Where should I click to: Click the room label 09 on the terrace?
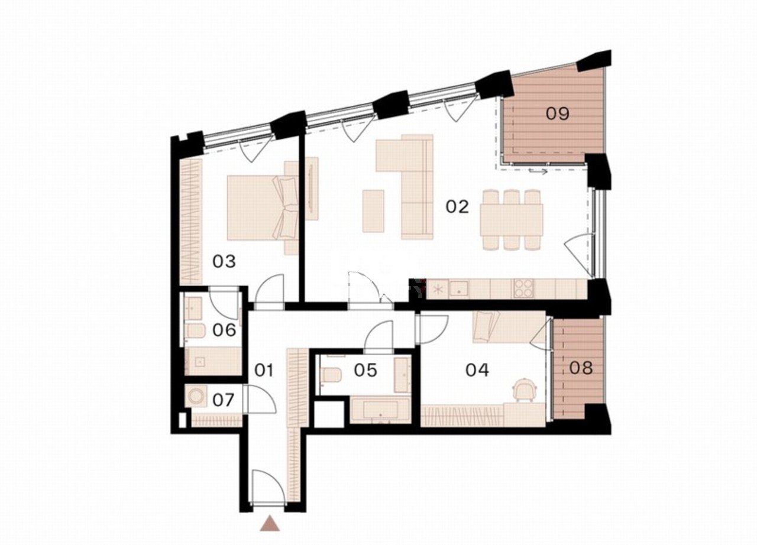558,113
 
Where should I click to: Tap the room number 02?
457,206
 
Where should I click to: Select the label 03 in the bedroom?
224,261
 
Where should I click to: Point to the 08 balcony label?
581,368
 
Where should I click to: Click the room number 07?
224,400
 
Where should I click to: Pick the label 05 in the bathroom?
365,370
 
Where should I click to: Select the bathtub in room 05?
380,410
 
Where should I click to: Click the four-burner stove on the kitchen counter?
524,288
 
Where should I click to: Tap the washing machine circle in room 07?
195,395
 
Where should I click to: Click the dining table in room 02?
512,220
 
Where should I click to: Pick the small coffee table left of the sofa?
373,211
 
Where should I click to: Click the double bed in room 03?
263,207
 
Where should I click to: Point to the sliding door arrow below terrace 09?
538,171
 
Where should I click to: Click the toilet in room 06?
196,331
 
